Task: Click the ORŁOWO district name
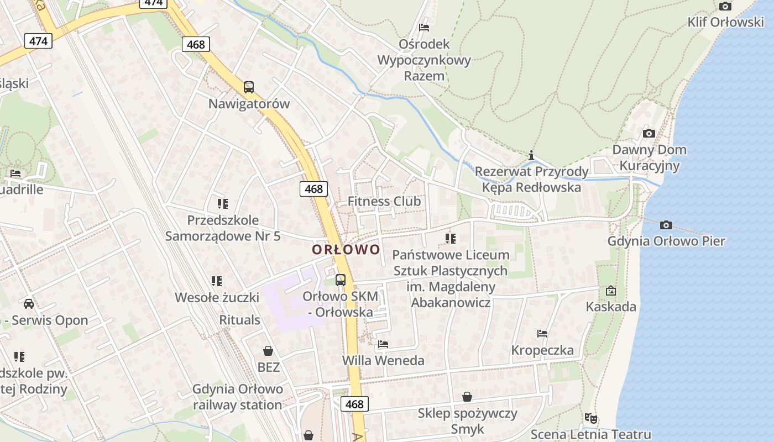pos(346,250)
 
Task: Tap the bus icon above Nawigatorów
pos(249,87)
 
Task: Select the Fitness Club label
pos(384,201)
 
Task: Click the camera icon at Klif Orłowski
pos(725,6)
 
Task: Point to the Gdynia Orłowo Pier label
pos(666,241)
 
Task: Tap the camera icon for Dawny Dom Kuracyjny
pos(649,133)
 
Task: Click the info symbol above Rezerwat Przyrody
pos(531,155)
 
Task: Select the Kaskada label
pos(611,307)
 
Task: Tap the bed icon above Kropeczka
pos(542,333)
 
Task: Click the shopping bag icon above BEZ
pos(268,350)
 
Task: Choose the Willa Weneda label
pos(384,361)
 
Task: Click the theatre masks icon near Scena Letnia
pos(591,418)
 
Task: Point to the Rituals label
pos(239,320)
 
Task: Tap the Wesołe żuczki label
pos(217,297)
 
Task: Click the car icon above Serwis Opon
pos(29,303)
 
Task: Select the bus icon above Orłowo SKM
pos(340,280)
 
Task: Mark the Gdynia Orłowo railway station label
pos(238,397)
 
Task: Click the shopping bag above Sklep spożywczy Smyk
pos(467,397)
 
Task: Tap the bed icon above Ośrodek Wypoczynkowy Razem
pos(424,27)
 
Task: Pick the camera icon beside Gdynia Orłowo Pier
pos(666,225)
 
